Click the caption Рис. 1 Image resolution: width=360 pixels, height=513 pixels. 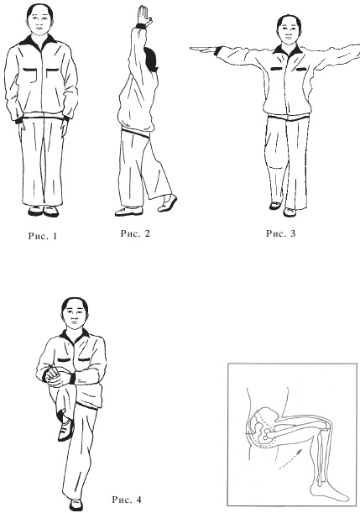tap(43, 236)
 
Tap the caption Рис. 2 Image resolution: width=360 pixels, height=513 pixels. tap(135, 233)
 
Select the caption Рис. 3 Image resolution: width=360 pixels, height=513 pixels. tap(280, 233)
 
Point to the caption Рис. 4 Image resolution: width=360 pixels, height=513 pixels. tap(127, 500)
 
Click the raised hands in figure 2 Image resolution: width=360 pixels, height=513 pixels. tap(144, 16)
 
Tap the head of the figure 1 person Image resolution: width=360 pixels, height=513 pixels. tap(39, 20)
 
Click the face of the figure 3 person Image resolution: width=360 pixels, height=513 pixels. tap(288, 32)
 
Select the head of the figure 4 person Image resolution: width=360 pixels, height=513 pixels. tap(75, 314)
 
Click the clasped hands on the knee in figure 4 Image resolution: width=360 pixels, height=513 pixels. tap(56, 377)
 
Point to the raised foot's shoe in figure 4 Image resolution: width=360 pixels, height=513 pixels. tap(65, 430)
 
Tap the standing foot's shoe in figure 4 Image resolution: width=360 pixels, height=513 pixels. tap(76, 505)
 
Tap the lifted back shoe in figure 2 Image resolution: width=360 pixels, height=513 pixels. tap(167, 203)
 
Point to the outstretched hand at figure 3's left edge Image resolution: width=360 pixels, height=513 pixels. tap(203, 50)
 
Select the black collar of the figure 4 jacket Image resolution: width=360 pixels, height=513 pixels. tap(75, 336)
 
